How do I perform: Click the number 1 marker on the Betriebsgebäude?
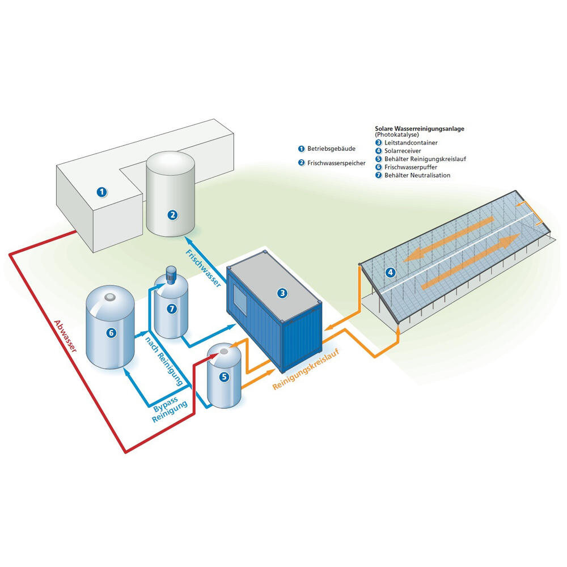pyautogui.click(x=101, y=192)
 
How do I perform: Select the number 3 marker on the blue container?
pyautogui.click(x=282, y=293)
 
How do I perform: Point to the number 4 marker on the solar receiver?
pyautogui.click(x=390, y=273)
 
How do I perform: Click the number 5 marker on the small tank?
pyautogui.click(x=224, y=376)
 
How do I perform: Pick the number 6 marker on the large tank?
pyautogui.click(x=111, y=333)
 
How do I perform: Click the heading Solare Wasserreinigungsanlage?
pyautogui.click(x=420, y=129)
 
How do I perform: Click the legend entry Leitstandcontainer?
pyautogui.click(x=412, y=143)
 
